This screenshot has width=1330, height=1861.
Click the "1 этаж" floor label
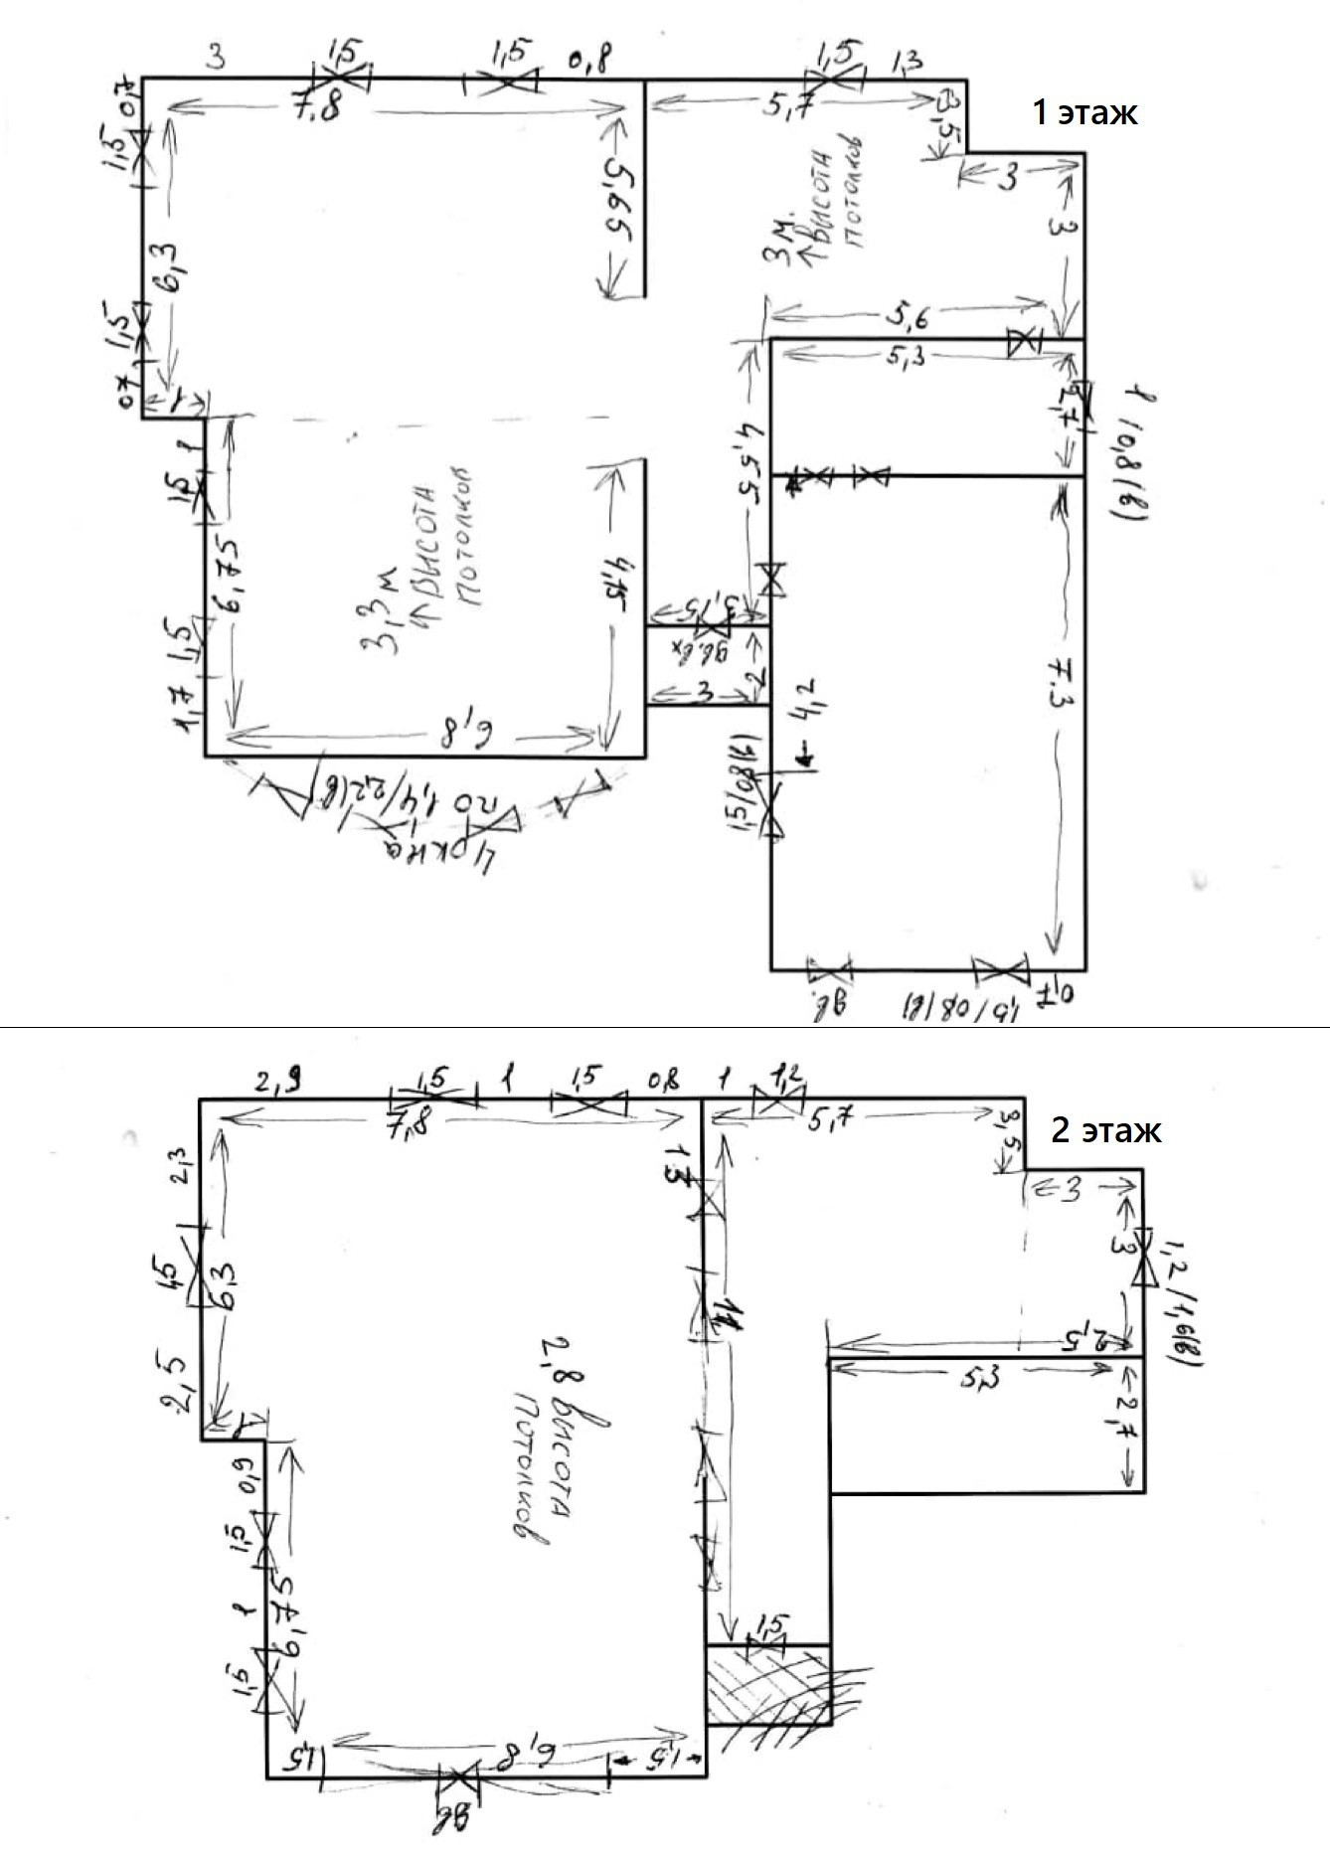[x=1083, y=112]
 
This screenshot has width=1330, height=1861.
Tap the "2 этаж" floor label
[x=1105, y=1130]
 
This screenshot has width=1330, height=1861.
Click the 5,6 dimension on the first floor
[x=906, y=317]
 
